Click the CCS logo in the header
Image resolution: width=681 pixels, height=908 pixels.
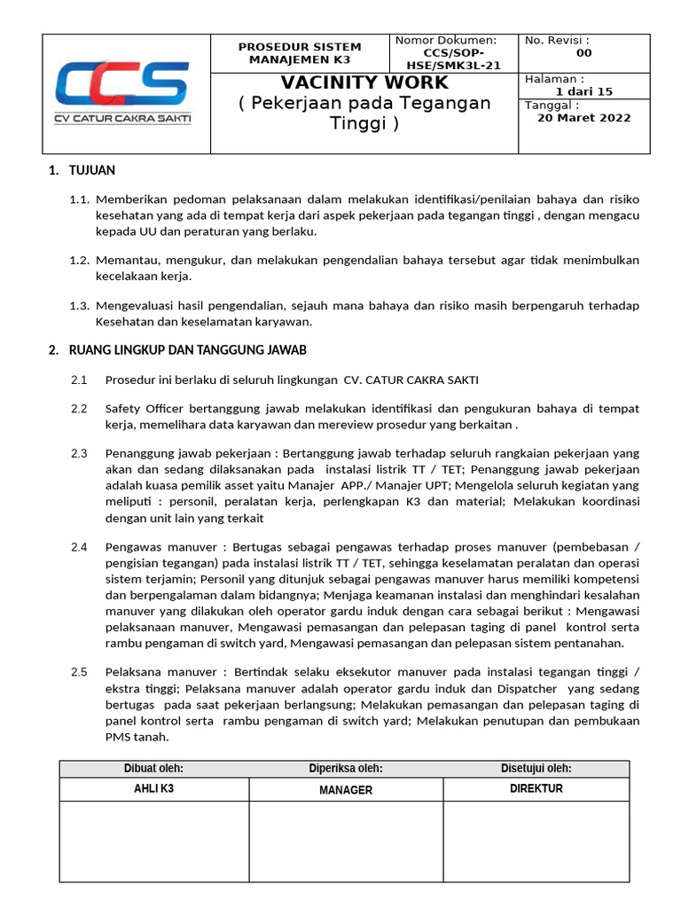point(122,92)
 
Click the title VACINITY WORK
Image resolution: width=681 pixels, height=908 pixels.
point(364,82)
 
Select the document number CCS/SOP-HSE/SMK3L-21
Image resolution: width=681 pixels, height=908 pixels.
point(453,59)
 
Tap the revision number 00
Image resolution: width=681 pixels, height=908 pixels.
point(583,53)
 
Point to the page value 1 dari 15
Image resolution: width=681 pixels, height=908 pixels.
point(583,91)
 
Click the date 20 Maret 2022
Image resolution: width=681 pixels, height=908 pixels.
point(583,118)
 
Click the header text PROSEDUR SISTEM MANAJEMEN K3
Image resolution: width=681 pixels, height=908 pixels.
point(300,53)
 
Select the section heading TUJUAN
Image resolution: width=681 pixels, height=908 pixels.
point(91,170)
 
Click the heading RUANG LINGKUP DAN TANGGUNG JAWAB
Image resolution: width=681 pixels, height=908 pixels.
point(188,350)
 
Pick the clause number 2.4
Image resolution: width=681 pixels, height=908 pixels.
point(79,547)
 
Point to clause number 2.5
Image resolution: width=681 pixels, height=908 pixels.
point(79,672)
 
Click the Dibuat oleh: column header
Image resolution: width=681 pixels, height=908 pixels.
point(153,769)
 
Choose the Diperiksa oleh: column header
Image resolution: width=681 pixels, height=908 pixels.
point(345,769)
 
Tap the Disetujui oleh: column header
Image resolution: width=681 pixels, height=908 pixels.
point(536,769)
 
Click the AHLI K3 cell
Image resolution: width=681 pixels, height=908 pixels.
point(153,789)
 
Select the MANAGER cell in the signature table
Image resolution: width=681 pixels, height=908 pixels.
point(345,790)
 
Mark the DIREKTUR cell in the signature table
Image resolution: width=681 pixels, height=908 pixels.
point(536,789)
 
